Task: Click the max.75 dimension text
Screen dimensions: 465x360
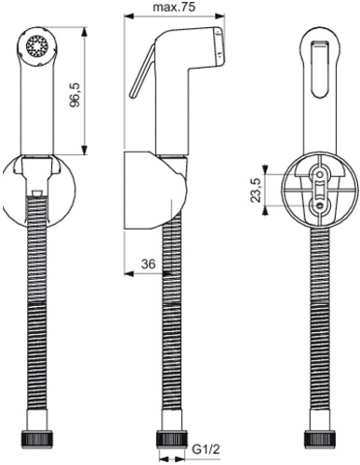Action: [174, 9]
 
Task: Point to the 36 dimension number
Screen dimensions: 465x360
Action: [146, 264]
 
